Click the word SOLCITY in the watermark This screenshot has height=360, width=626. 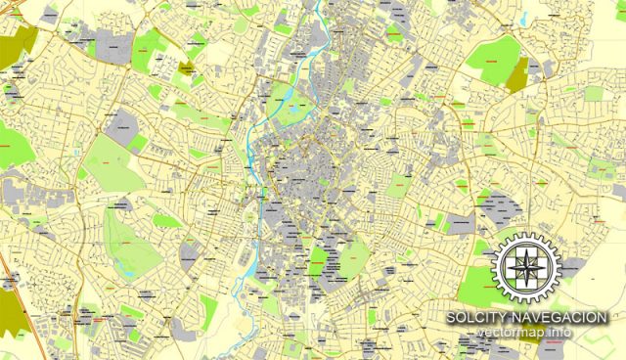477,319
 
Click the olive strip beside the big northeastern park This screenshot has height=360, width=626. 517,74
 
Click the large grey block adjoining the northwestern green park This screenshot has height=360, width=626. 123,125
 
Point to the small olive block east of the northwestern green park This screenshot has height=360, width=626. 185,68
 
